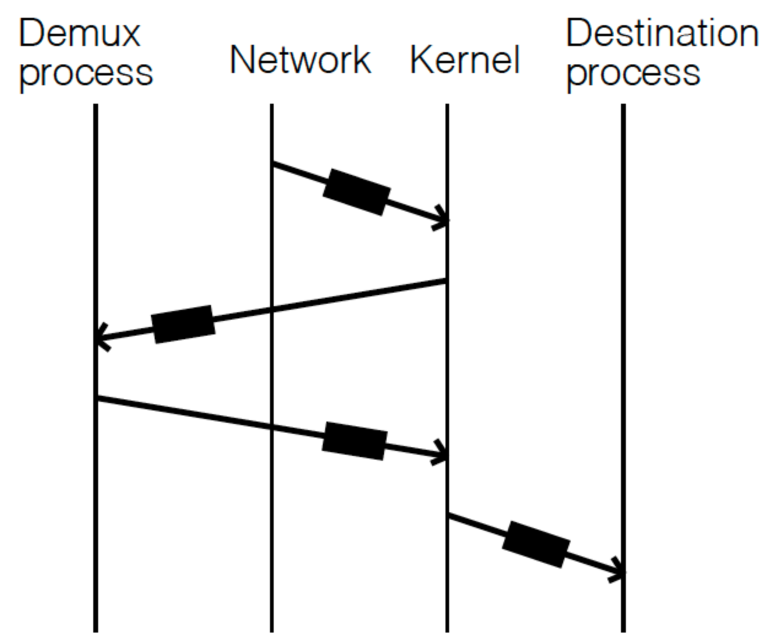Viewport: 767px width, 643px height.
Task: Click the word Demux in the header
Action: [80, 34]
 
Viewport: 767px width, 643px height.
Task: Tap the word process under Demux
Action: [86, 74]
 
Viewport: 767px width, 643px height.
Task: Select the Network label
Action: [300, 60]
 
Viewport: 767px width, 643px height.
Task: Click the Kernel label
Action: [465, 60]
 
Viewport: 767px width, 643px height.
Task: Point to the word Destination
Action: [661, 34]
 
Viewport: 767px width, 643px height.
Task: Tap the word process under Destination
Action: [633, 74]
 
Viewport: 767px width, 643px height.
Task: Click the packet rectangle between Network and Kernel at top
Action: [357, 191]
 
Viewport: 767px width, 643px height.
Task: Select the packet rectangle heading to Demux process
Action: [183, 324]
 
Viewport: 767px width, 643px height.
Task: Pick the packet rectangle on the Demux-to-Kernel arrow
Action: [355, 441]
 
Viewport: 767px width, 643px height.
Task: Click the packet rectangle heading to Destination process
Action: [536, 545]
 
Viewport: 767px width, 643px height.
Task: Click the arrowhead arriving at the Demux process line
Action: [101, 337]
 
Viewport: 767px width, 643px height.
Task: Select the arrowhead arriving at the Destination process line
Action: [619, 573]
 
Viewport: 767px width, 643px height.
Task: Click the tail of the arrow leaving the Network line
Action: [272, 163]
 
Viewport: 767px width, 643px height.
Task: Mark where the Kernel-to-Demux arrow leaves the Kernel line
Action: [446, 281]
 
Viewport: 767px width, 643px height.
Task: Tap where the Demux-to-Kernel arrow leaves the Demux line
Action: [97, 399]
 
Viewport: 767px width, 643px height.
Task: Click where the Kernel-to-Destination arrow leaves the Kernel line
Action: [449, 516]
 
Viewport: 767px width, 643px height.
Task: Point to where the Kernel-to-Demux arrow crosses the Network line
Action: [271, 310]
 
